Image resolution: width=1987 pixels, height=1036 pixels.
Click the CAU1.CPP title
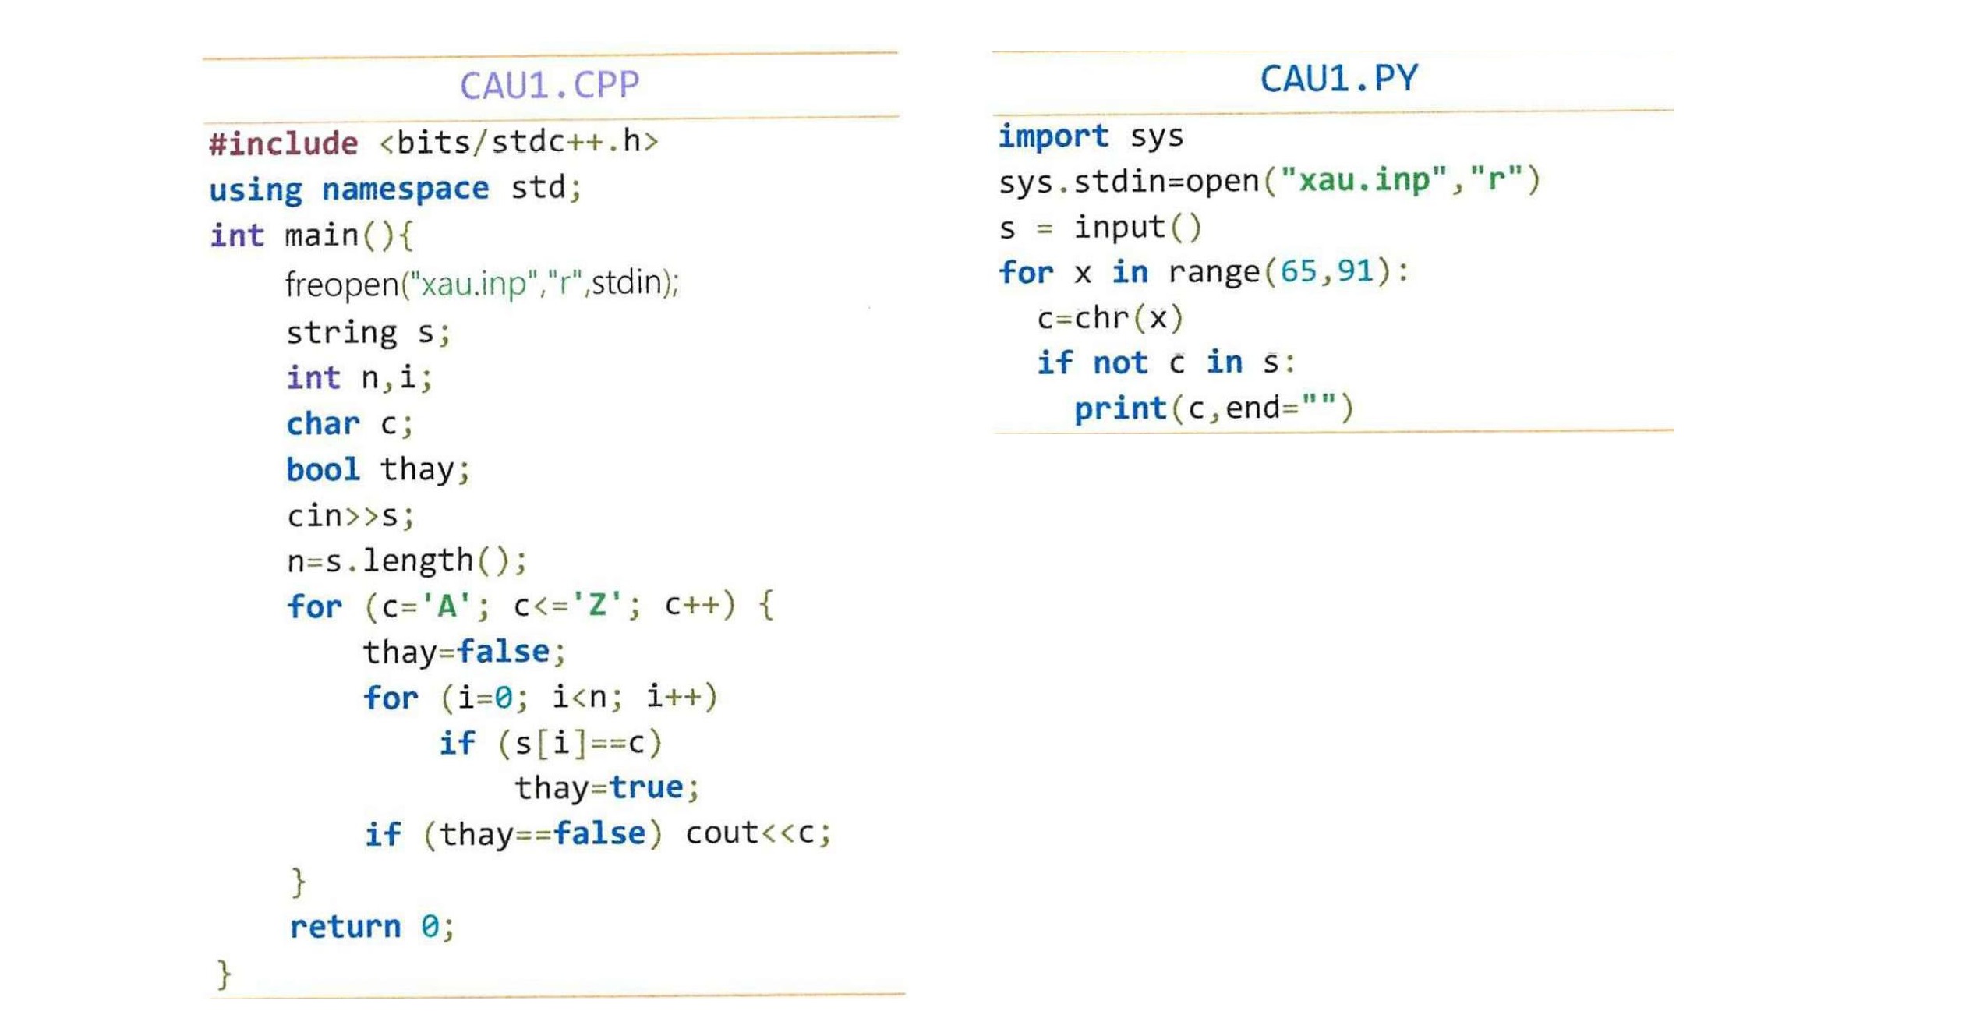pos(549,85)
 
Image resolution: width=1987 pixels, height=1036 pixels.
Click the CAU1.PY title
pos(1338,78)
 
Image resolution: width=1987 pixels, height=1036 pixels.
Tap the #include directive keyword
pos(284,143)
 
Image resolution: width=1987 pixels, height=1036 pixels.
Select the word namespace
pos(405,189)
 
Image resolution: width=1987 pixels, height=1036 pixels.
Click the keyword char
pos(323,423)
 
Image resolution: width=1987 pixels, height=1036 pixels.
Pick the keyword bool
pos(323,469)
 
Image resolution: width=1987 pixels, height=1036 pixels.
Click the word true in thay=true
pos(646,787)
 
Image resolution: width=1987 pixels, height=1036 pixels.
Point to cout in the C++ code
pos(722,833)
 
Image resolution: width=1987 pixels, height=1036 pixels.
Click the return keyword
pos(345,926)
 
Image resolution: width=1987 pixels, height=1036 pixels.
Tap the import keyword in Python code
pos(1053,136)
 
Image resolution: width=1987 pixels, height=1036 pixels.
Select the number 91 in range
pos(1354,271)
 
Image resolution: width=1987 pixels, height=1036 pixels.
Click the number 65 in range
pos(1298,271)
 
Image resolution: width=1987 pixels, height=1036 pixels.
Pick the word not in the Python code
pos(1120,362)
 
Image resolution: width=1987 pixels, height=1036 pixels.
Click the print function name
pos(1120,408)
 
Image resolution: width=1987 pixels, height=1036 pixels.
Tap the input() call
pos(1138,228)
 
